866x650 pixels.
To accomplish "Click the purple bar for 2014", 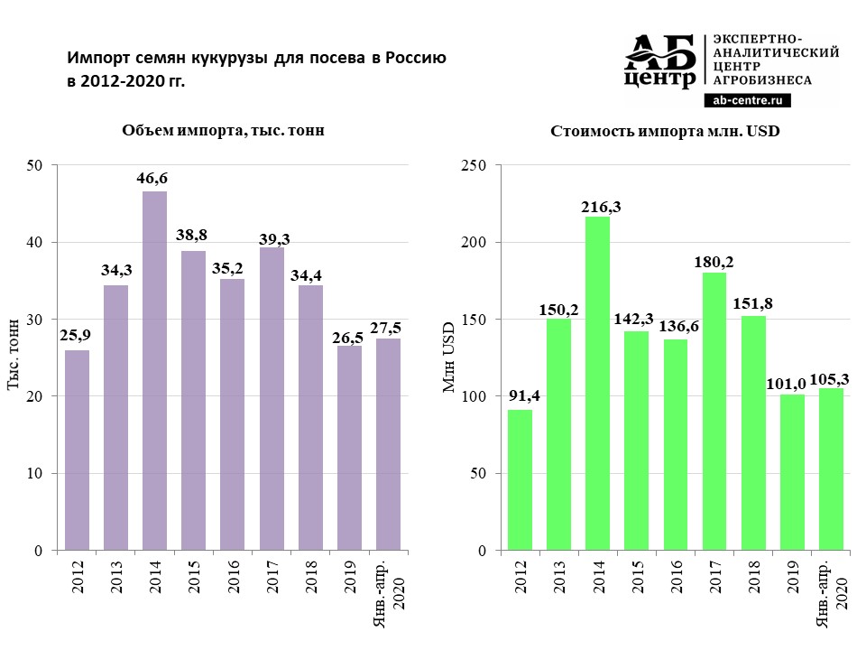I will click(154, 370).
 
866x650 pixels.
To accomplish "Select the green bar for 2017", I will click(714, 411).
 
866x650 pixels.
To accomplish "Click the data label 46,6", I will click(152, 179).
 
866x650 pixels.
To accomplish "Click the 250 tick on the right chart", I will click(474, 165).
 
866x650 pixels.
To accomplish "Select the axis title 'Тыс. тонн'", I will click(14, 358).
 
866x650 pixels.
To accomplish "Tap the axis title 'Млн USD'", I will click(448, 358).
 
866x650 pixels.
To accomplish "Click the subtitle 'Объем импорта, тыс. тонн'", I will click(223, 131).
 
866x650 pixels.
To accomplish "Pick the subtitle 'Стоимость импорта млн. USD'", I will click(665, 131).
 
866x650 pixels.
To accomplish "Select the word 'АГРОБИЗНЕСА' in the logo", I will click(762, 80).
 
